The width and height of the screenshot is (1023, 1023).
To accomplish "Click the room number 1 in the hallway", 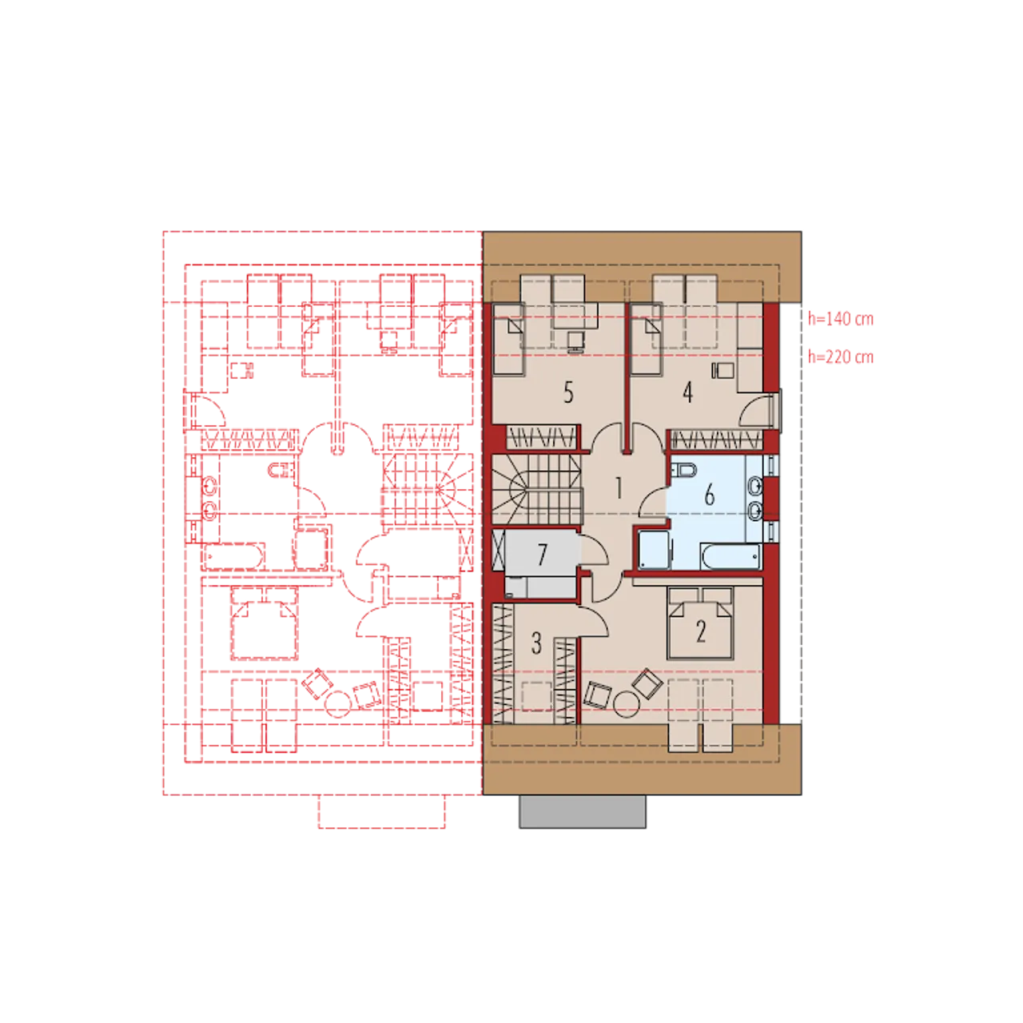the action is (x=618, y=488).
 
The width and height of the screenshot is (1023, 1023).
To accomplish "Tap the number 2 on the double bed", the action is (x=701, y=631).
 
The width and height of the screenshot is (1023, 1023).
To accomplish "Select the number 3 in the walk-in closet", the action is (x=537, y=643).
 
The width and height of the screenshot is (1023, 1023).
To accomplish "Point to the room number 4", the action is (x=687, y=393).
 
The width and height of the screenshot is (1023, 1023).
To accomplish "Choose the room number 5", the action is (x=568, y=393).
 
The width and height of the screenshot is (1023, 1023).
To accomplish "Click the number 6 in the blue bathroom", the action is (x=709, y=494).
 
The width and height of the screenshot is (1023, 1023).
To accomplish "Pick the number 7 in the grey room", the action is (x=542, y=555).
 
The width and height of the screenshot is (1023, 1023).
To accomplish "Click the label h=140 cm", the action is (x=840, y=319).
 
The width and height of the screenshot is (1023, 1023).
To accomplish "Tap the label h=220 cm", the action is (x=840, y=356).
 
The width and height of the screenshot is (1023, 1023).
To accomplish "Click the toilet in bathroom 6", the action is (x=684, y=470).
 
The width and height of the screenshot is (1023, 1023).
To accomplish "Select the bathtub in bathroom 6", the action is (x=730, y=556).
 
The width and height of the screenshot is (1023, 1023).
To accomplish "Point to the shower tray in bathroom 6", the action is (x=654, y=550).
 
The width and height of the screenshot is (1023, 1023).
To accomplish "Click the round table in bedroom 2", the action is (x=627, y=704).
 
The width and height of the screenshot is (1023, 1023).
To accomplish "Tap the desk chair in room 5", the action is (x=575, y=341).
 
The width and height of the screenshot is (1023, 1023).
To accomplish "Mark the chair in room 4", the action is (x=722, y=370).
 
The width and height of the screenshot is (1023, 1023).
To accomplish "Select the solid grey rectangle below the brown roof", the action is (x=583, y=811).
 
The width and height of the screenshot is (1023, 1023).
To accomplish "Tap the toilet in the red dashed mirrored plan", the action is (x=282, y=470).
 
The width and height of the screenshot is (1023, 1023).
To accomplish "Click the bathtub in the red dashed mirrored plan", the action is (x=234, y=556).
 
